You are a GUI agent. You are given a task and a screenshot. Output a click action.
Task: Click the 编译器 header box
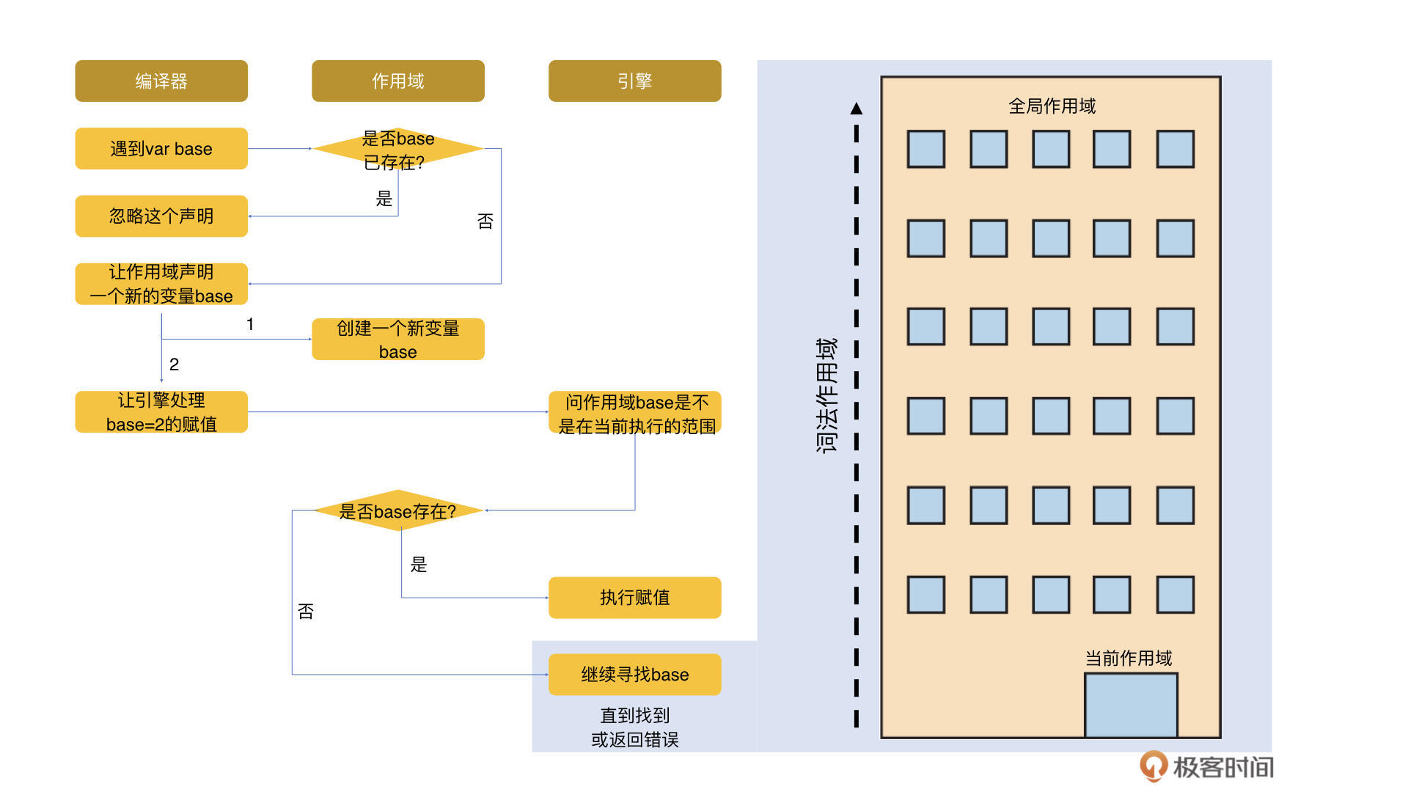pos(161,81)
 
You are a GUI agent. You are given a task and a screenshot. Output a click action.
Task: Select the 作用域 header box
pos(397,81)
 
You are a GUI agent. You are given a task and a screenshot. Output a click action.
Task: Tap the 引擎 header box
pos(634,81)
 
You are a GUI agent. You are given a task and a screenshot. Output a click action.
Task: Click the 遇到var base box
pos(161,149)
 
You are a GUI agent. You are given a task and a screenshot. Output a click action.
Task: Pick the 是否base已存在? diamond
pos(397,149)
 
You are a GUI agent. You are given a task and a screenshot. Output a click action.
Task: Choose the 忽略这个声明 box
pos(161,216)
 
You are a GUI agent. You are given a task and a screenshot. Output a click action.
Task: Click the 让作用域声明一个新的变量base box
pos(161,284)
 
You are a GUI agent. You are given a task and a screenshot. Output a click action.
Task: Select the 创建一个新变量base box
pos(397,340)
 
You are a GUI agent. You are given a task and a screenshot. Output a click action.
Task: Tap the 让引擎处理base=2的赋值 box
pos(161,412)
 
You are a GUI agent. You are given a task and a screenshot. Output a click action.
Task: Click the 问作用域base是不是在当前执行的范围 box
pos(634,413)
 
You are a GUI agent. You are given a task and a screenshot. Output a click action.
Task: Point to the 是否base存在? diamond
pos(397,510)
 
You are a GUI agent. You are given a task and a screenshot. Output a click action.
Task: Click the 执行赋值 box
pos(634,598)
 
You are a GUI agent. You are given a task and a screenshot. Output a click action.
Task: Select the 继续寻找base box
pos(634,675)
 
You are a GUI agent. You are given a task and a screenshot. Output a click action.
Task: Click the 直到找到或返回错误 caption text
pos(634,727)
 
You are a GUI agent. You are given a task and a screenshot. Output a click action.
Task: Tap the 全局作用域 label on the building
pos(1052,106)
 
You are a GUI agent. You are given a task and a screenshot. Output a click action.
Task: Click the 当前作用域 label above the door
pos(1129,659)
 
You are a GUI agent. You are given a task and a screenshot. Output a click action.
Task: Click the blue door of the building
pos(1131,705)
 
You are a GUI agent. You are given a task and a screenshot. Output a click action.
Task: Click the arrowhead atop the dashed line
pos(857,109)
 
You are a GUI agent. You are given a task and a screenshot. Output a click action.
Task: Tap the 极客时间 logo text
pos(1222,767)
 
